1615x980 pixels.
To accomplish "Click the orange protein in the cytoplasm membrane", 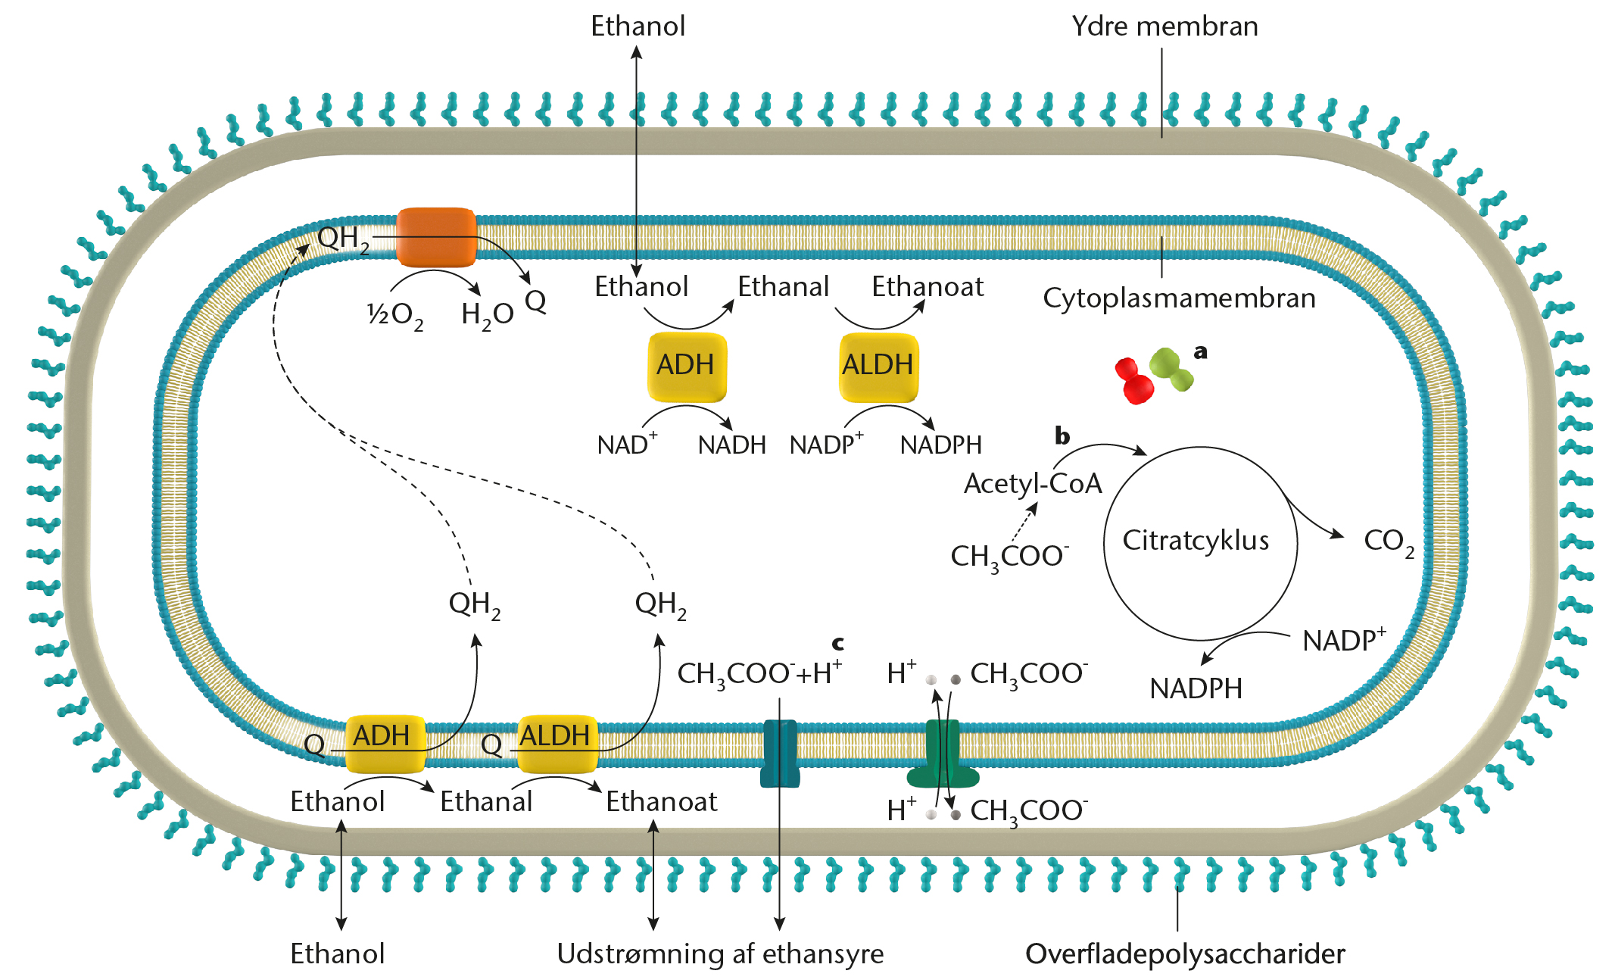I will pyautogui.click(x=436, y=237).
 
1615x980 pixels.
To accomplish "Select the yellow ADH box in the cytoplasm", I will pyautogui.click(x=686, y=366).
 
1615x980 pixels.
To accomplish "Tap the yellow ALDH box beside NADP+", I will pyautogui.click(x=878, y=366).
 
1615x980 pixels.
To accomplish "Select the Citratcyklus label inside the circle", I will pyautogui.click(x=1196, y=541).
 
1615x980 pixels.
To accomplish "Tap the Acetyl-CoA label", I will pyautogui.click(x=1032, y=484).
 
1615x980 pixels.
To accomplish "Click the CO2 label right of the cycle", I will pyautogui.click(x=1388, y=541).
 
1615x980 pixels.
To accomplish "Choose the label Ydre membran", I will pyautogui.click(x=1164, y=27).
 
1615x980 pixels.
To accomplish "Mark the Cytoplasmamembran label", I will pyautogui.click(x=1179, y=298).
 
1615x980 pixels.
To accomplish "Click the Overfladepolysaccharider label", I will pyautogui.click(x=1185, y=954).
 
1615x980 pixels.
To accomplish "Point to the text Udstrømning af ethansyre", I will pyautogui.click(x=720, y=954).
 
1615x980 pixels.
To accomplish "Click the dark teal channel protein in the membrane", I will pyautogui.click(x=779, y=754).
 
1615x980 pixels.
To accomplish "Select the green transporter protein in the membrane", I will pyautogui.click(x=943, y=757).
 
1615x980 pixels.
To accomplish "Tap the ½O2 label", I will pyautogui.click(x=394, y=315).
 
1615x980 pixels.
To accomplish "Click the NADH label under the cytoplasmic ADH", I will pyautogui.click(x=731, y=445).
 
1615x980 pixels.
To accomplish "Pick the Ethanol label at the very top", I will pyautogui.click(x=638, y=27).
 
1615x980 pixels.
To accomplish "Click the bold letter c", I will pyautogui.click(x=837, y=644).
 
